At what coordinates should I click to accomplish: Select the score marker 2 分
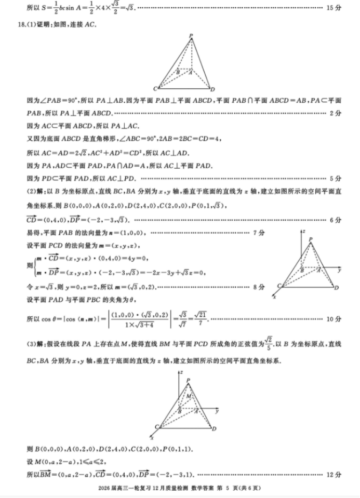pos(335,113)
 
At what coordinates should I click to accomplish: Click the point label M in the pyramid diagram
pos(189,397)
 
